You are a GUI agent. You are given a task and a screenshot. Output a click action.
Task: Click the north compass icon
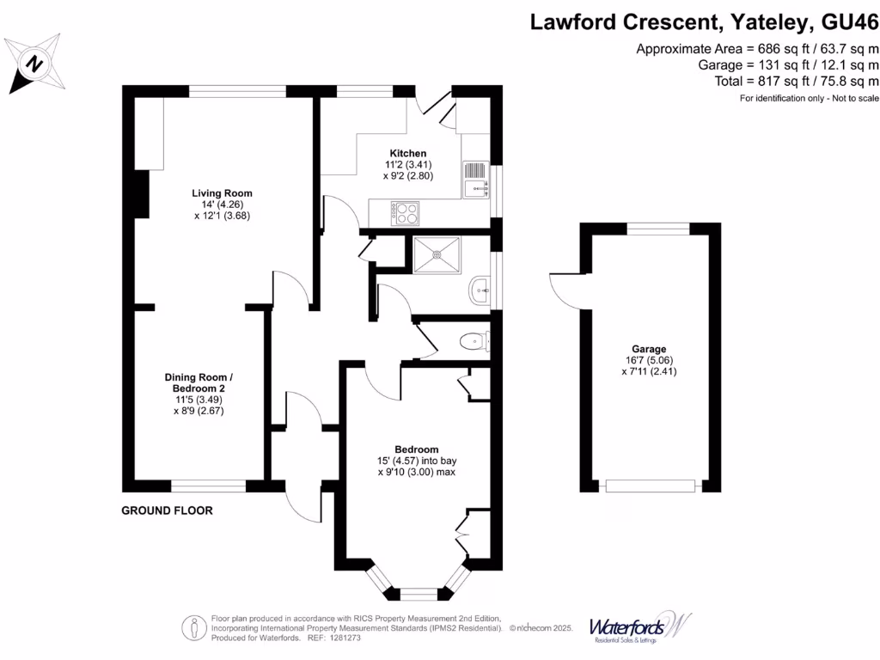point(34,63)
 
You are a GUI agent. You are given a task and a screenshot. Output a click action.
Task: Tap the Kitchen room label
point(407,153)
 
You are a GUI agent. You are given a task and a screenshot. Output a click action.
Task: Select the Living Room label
point(222,192)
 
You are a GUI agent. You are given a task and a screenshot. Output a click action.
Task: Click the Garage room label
point(650,349)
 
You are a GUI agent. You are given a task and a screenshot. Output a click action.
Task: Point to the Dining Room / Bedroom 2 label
point(199,383)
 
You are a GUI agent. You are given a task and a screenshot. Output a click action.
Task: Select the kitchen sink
point(475,179)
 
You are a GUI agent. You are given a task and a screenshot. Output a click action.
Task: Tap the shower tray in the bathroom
point(437,254)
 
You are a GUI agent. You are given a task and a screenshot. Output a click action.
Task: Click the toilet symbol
point(474,342)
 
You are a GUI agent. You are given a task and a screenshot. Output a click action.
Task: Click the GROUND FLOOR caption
point(167,510)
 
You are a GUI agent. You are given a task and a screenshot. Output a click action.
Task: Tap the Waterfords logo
point(639,626)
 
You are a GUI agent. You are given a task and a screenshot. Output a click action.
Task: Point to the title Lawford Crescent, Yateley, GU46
point(704,21)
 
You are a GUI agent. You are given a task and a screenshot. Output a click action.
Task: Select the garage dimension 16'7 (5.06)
point(650,361)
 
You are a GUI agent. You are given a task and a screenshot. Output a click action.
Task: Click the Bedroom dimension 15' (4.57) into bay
point(416,461)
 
